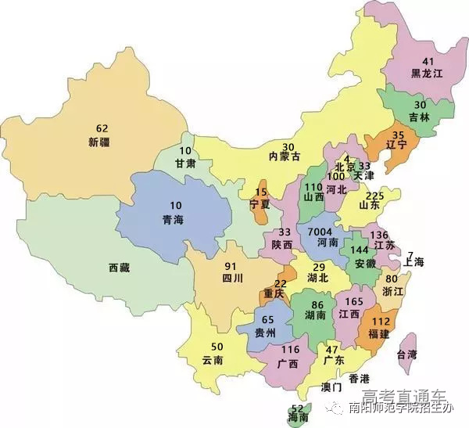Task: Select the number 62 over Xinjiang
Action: (x=102, y=128)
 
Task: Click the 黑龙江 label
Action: (x=428, y=74)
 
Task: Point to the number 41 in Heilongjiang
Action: (x=428, y=61)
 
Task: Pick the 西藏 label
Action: (x=120, y=268)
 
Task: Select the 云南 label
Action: (x=213, y=361)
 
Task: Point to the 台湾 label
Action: (x=406, y=354)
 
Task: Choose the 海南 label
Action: (x=297, y=420)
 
